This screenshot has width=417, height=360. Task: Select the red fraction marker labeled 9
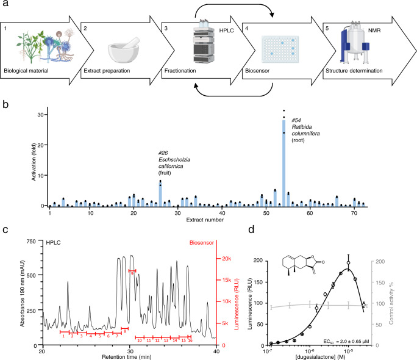tap(132, 270)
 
